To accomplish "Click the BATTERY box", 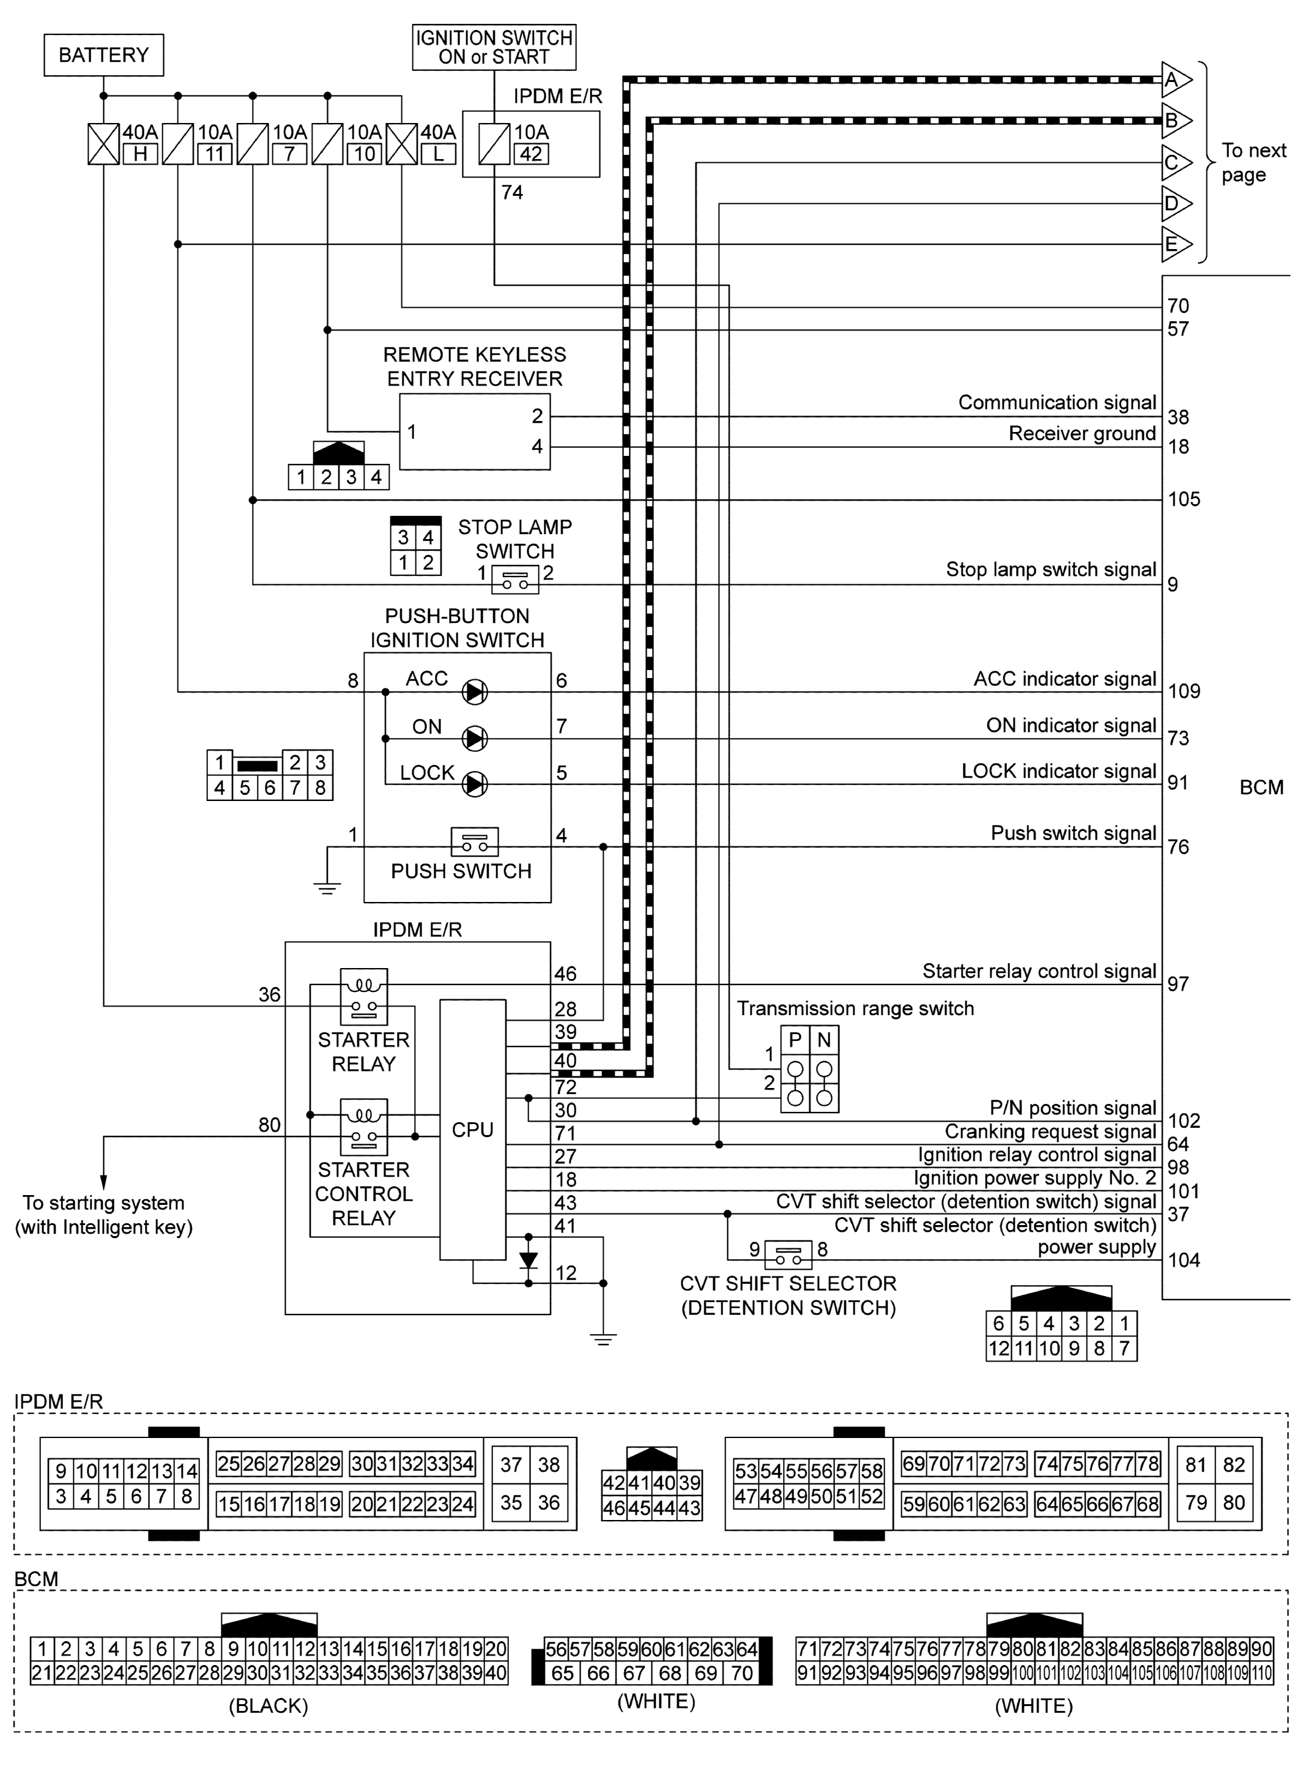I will pos(103,55).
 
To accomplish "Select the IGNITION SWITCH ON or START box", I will pos(494,47).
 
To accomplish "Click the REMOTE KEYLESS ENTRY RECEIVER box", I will pos(474,432).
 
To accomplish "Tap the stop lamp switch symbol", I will pos(515,579).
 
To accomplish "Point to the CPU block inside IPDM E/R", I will pos(472,1130).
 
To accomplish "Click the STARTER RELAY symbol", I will pos(363,996).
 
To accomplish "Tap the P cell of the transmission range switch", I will pos(795,1040).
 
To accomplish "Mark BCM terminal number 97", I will pos(1178,983).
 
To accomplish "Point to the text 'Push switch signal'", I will pos(1073,833).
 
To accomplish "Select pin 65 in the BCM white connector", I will pos(562,1674).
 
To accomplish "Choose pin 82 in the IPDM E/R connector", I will pos(1234,1465).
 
